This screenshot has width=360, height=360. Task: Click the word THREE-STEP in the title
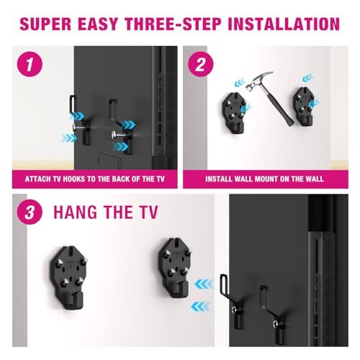pyautogui.click(x=176, y=23)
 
